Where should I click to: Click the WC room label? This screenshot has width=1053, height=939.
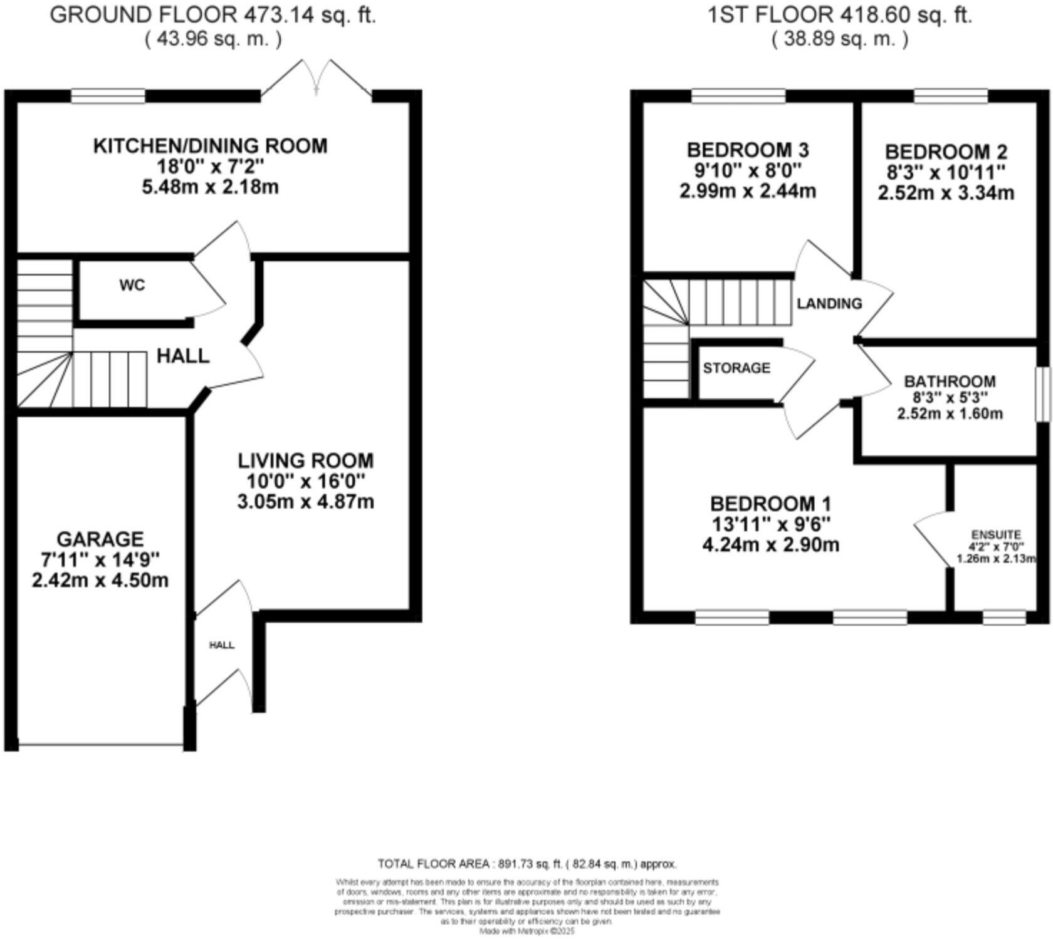pyautogui.click(x=132, y=286)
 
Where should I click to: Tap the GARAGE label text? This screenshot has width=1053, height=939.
pyautogui.click(x=100, y=539)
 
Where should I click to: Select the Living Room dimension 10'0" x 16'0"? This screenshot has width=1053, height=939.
pyautogui.click(x=305, y=482)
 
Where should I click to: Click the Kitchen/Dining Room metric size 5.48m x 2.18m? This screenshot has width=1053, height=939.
pyautogui.click(x=210, y=187)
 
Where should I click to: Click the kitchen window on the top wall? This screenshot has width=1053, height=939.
pyautogui.click(x=108, y=96)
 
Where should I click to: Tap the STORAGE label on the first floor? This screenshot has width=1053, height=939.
pyautogui.click(x=736, y=368)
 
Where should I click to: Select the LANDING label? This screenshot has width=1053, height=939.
pyautogui.click(x=829, y=304)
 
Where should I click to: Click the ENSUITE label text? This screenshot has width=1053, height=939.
pyautogui.click(x=996, y=535)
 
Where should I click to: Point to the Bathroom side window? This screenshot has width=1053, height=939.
pyautogui.click(x=1042, y=394)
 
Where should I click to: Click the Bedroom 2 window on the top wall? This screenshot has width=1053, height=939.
pyautogui.click(x=951, y=96)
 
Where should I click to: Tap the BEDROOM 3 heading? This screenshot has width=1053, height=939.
pyautogui.click(x=748, y=150)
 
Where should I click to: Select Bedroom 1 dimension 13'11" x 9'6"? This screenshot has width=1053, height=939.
pyautogui.click(x=770, y=524)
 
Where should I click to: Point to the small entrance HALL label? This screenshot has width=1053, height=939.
pyautogui.click(x=222, y=645)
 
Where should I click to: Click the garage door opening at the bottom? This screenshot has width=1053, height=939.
pyautogui.click(x=100, y=745)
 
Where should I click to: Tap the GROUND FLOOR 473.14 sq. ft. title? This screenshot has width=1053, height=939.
pyautogui.click(x=213, y=15)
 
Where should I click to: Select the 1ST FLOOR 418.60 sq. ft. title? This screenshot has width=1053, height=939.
pyautogui.click(x=840, y=15)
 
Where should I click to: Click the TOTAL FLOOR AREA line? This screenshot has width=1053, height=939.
pyautogui.click(x=527, y=864)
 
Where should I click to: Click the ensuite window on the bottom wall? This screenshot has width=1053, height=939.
pyautogui.click(x=1004, y=618)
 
